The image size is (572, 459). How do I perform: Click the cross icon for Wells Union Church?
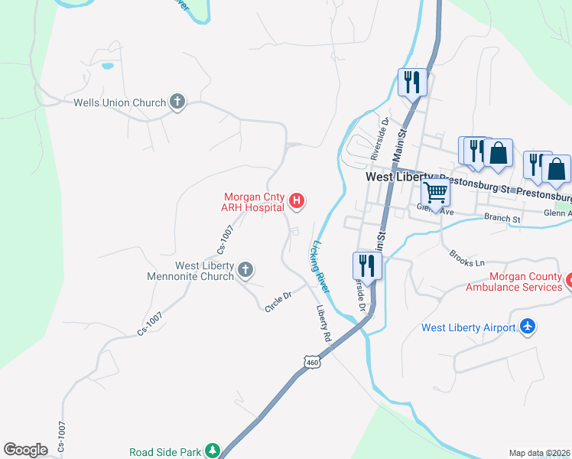click(x=177, y=102)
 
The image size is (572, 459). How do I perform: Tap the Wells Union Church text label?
click(x=119, y=103)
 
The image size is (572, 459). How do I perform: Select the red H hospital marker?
click(x=297, y=202)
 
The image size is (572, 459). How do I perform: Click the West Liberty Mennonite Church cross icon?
click(x=245, y=269)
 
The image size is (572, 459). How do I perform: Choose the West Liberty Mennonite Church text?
click(x=203, y=271)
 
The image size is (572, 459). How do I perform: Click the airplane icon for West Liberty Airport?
click(x=527, y=327)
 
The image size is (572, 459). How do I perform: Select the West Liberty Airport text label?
click(x=468, y=328)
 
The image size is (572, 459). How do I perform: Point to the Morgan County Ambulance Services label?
click(x=514, y=282)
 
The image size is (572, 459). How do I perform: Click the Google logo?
click(x=25, y=450)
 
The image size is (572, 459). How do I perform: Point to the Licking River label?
click(x=319, y=266)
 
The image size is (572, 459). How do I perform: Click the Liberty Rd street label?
click(x=324, y=324)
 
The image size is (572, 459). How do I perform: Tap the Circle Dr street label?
click(x=278, y=296)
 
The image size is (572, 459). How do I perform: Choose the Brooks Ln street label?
click(x=467, y=257)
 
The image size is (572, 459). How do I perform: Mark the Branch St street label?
click(x=502, y=219)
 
